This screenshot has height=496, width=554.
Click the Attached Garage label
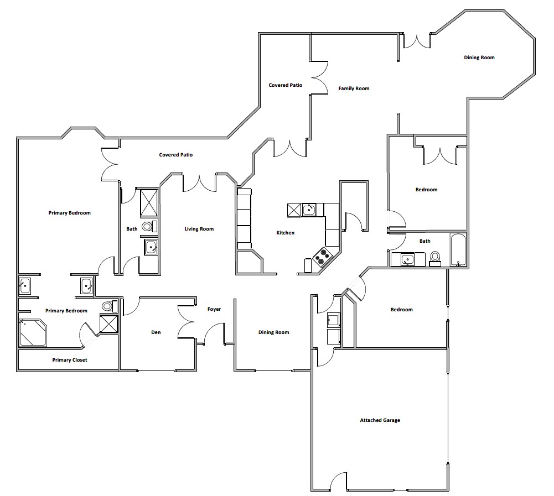coord(380,420)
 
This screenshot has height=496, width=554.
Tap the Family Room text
coord(354,88)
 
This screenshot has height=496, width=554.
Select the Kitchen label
coord(285,233)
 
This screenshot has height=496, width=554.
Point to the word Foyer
coord(214,309)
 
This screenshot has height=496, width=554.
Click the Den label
coord(156,332)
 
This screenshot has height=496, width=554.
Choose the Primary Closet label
coord(70,360)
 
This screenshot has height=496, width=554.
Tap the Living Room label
coord(199,229)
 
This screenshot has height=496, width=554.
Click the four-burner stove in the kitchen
coord(323,255)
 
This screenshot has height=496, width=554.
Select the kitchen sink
coord(309,210)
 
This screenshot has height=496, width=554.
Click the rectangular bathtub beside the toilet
coord(458,249)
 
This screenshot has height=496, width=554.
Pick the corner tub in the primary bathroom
coord(33,332)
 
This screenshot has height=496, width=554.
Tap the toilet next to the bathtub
coord(435,258)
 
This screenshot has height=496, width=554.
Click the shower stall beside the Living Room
coord(149,202)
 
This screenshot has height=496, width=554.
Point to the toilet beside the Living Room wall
coord(149,226)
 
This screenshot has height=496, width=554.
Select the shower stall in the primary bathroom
coord(108,323)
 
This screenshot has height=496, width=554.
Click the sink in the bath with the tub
coord(407,260)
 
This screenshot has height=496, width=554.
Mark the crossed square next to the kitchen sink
coord(294,210)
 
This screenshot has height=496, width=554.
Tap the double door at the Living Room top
coord(200,183)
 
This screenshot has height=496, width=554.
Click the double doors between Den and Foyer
coord(186,322)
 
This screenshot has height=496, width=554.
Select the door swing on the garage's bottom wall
coord(338,481)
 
